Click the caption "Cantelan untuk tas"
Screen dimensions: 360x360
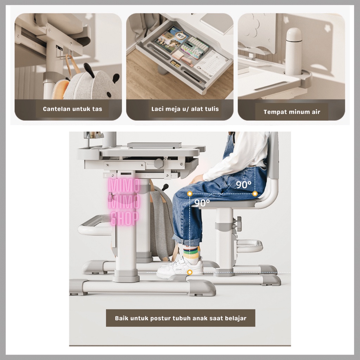click(x=72, y=109)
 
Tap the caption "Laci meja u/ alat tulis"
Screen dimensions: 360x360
click(x=185, y=109)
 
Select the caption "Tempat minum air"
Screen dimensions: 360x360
click(x=291, y=112)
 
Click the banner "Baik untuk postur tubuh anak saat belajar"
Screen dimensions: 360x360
click(x=180, y=318)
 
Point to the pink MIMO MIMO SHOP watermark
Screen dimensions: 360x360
click(x=124, y=202)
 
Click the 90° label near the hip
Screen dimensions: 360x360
click(x=244, y=184)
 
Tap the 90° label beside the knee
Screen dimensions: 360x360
click(x=202, y=202)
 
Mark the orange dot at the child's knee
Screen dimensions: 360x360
click(x=189, y=194)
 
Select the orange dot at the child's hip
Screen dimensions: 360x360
click(x=255, y=194)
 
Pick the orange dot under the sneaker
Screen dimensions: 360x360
click(x=189, y=272)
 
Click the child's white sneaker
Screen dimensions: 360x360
click(x=180, y=266)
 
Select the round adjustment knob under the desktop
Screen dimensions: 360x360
click(x=159, y=163)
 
